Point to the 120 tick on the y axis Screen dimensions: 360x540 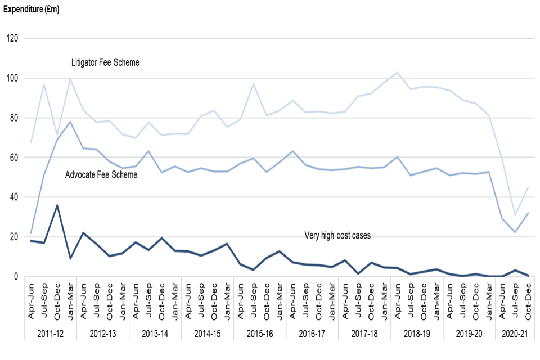pyautogui.click(x=12, y=39)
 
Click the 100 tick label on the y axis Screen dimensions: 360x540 pyautogui.click(x=12, y=78)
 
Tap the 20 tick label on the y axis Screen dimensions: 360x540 pyautogui.click(x=13, y=237)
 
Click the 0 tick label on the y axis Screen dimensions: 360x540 pyautogui.click(x=16, y=277)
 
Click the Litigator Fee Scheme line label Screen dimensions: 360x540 pyautogui.click(x=105, y=62)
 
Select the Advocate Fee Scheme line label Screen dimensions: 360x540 pyautogui.click(x=101, y=175)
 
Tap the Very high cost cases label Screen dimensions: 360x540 pyautogui.click(x=337, y=235)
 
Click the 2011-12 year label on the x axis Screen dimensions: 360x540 pyautogui.click(x=51, y=333)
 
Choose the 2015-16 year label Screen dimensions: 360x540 pyautogui.click(x=260, y=333)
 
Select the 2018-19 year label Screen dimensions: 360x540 pyautogui.click(x=417, y=333)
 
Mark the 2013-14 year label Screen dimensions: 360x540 pyautogui.click(x=155, y=333)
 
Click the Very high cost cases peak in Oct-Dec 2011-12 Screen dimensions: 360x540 pyautogui.click(x=57, y=205)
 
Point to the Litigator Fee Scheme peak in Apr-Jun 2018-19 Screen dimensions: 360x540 pyautogui.click(x=397, y=73)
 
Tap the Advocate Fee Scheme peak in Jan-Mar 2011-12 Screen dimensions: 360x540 pyautogui.click(x=70, y=121)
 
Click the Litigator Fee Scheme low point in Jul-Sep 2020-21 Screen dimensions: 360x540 pyautogui.click(x=515, y=215)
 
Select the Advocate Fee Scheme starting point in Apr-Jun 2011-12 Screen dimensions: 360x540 pyautogui.click(x=31, y=233)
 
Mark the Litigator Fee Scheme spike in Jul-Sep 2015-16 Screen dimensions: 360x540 pyautogui.click(x=253, y=84)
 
